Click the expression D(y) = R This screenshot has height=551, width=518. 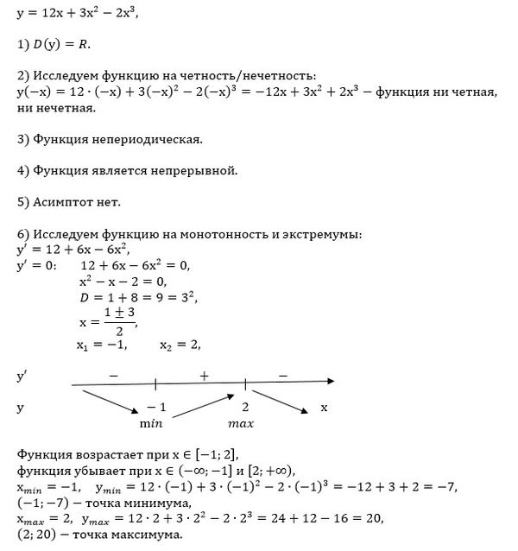61,42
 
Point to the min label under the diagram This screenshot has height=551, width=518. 151,424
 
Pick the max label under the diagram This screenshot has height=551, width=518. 241,424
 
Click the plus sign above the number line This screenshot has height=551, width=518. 204,377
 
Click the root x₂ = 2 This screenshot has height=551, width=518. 180,345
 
